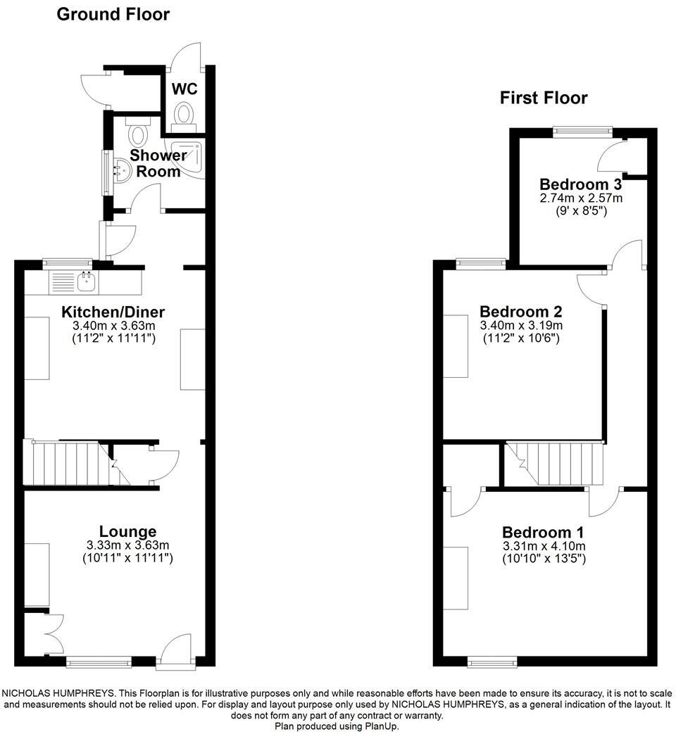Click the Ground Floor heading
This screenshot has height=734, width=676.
tap(113, 14)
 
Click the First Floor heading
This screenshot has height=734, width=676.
tap(544, 98)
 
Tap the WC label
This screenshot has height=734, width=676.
tap(184, 89)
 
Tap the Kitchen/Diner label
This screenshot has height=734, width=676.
tap(113, 312)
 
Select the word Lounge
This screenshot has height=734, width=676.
tap(127, 531)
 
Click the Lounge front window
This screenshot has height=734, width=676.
tap(99, 662)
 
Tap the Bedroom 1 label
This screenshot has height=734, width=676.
tap(542, 533)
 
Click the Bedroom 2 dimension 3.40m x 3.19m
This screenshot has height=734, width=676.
tap(521, 325)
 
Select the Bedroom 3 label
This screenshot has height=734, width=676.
tap(581, 184)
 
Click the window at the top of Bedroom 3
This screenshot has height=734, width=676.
tap(582, 129)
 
